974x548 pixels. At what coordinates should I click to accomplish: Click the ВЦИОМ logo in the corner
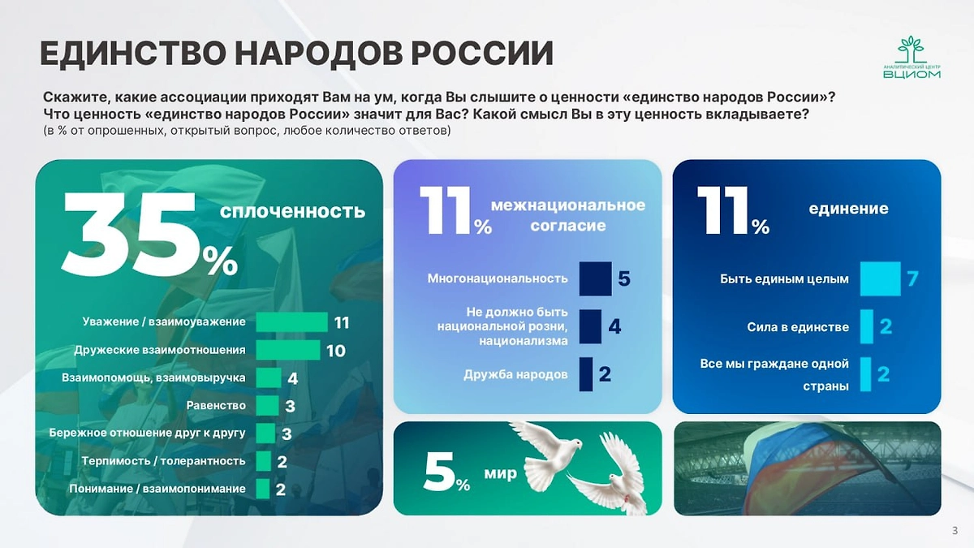912,58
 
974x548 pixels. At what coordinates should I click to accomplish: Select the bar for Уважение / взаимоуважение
291,322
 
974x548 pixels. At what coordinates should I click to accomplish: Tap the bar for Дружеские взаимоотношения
287,350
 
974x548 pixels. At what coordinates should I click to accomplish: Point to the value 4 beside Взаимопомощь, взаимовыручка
292,378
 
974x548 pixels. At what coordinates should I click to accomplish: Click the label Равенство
215,406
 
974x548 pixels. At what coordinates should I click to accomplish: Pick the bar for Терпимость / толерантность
263,461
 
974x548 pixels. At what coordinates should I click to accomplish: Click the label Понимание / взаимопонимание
157,489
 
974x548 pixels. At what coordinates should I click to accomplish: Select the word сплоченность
293,212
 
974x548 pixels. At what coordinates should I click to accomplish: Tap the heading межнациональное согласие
568,215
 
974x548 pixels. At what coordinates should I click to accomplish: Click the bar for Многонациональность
595,278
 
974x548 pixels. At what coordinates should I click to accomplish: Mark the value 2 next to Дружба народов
605,374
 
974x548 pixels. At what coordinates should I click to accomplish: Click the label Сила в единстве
798,327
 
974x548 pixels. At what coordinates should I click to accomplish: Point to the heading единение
848,209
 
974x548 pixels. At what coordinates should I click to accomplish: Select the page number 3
954,531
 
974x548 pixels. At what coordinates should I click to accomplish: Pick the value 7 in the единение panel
912,278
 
